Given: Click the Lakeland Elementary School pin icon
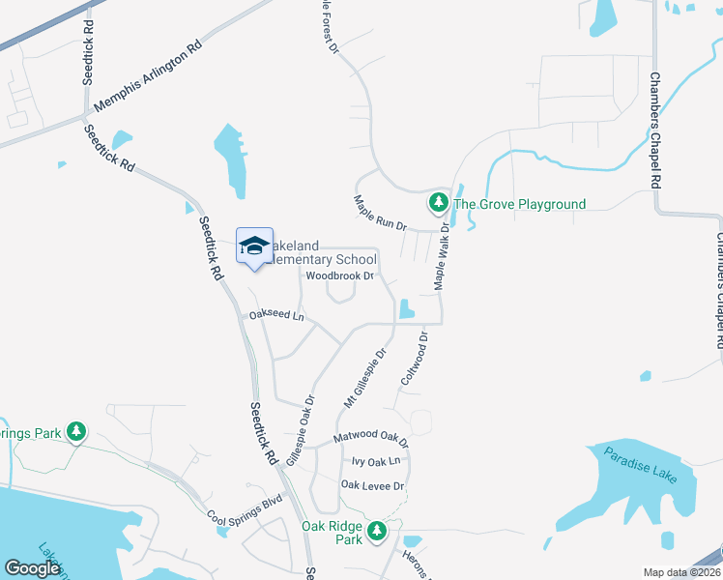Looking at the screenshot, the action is point(254,246).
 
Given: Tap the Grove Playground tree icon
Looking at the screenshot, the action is point(438,203).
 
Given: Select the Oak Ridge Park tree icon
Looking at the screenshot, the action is point(376,531).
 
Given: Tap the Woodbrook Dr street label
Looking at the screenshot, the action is point(339,275).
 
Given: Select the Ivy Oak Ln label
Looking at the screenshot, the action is point(375,462).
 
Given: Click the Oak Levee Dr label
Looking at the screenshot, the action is point(372,485).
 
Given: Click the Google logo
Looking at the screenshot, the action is point(32,568).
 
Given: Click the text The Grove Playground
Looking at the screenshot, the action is point(520,204).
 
